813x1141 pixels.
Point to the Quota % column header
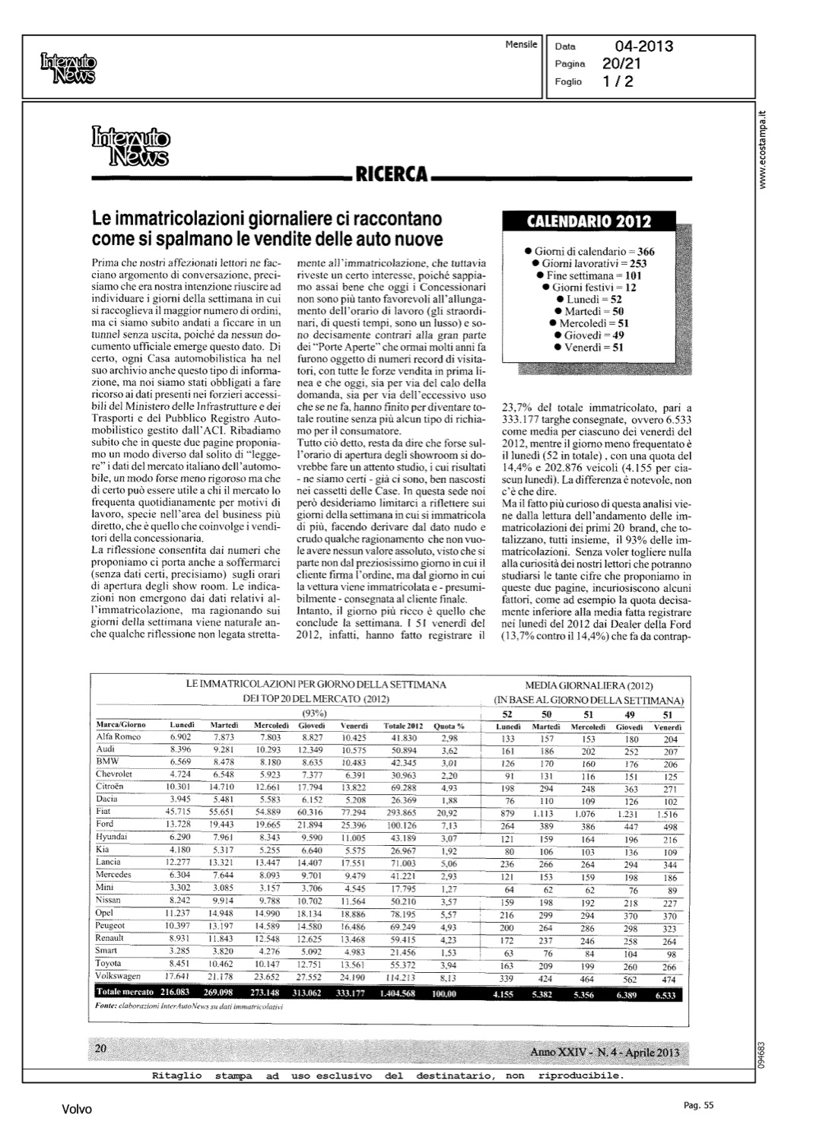pos(449,726)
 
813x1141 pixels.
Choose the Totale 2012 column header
pos(402,726)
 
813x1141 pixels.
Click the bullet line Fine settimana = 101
pos(589,275)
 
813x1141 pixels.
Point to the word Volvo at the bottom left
pos(77,1110)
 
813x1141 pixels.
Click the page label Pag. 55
pos(697,1106)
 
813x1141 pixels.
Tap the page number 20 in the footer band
pos(100,1048)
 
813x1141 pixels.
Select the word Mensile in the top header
pos(520,44)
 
